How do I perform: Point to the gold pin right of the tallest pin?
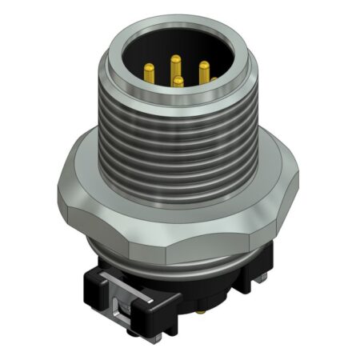(204, 70)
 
